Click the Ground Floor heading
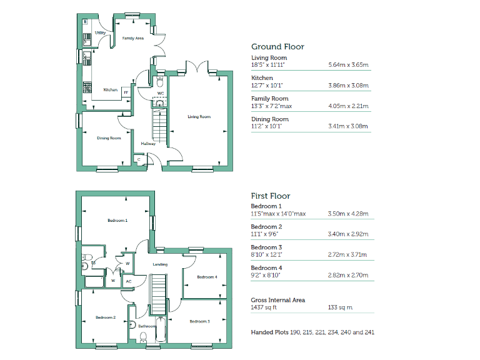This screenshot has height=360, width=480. pyautogui.click(x=277, y=47)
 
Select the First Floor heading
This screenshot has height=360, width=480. pyautogui.click(x=271, y=196)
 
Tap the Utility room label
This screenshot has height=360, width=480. pyautogui.click(x=99, y=32)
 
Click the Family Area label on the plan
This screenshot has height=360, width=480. pyautogui.click(x=132, y=38)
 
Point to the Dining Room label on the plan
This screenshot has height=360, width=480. pyautogui.click(x=109, y=138)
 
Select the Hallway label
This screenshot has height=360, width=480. pyautogui.click(x=148, y=144)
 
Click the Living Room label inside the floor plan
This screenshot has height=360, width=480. pyautogui.click(x=199, y=116)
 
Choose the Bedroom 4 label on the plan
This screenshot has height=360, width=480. pyautogui.click(x=207, y=277)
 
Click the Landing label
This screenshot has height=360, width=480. pyautogui.click(x=161, y=264)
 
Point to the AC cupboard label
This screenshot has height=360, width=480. pyautogui.click(x=129, y=281)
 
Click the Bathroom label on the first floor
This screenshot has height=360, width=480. pyautogui.click(x=147, y=326)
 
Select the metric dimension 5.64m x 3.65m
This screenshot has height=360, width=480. pyautogui.click(x=348, y=65)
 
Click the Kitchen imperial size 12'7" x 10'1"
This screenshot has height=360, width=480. pyautogui.click(x=267, y=86)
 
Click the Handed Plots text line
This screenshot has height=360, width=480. pyautogui.click(x=312, y=332)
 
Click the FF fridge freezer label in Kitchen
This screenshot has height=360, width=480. pyautogui.click(x=126, y=92)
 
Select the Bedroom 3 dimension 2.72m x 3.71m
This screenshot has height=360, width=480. pyautogui.click(x=348, y=255)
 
